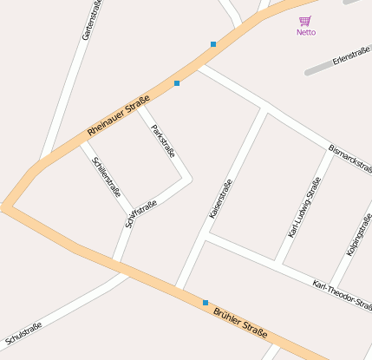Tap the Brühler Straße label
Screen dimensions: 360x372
tap(240, 322)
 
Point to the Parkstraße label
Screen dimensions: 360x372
tap(163, 141)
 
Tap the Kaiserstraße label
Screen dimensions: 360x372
tap(221, 199)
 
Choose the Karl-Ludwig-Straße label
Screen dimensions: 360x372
tap(304, 207)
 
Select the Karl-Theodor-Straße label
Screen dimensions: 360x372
tap(342, 295)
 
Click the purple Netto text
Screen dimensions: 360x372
tap(305, 32)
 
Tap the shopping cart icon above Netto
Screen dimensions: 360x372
tap(304, 21)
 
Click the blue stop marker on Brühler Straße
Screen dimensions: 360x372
tap(206, 302)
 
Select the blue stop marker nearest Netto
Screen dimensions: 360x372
tap(213, 43)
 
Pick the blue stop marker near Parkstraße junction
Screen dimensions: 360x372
tap(177, 83)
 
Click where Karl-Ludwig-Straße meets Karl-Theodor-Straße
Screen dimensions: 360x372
tap(279, 261)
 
